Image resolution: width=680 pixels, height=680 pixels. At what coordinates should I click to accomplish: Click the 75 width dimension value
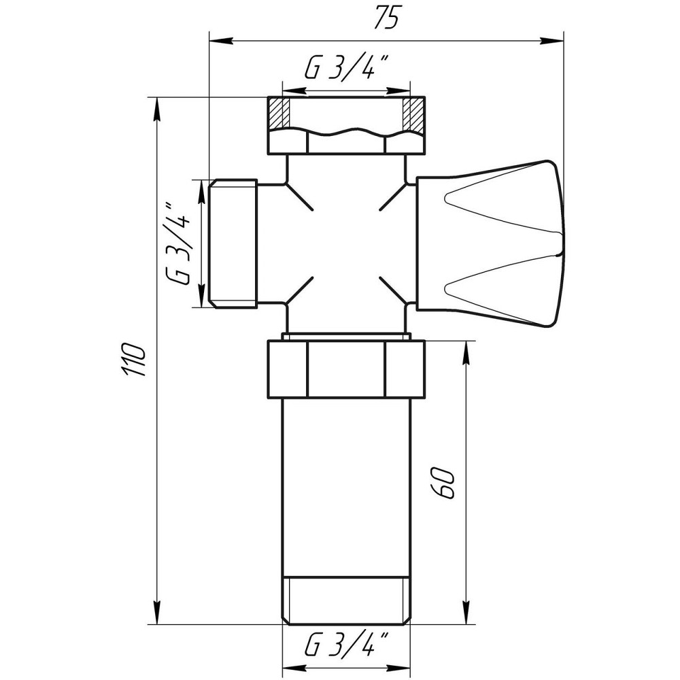(386, 19)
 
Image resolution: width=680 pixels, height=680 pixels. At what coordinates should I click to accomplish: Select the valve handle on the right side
(490, 243)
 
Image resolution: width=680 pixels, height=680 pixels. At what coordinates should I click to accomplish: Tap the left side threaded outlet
(233, 243)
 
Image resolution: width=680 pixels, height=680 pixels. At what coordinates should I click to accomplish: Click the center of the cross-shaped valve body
(345, 243)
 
